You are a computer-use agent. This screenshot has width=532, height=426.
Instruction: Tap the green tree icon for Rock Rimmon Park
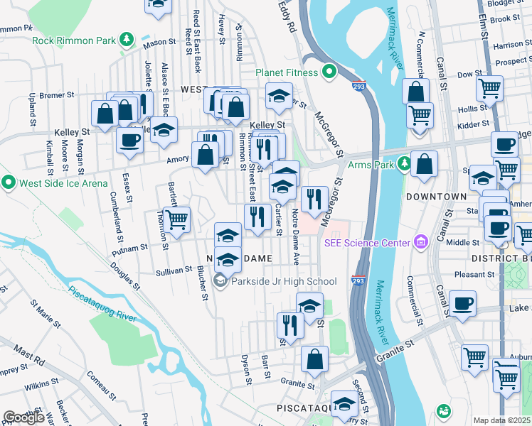pyautogui.click(x=127, y=40)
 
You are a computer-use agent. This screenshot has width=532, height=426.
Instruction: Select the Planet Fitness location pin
pyautogui.click(x=329, y=72)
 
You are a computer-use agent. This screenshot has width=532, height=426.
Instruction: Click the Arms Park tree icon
pyautogui.click(x=404, y=165)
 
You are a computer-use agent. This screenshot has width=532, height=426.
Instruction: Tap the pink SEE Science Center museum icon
pyautogui.click(x=421, y=243)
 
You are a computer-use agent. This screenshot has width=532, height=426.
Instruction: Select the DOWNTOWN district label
pyautogui.click(x=436, y=196)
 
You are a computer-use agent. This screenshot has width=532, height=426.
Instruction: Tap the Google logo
pyautogui.click(x=24, y=417)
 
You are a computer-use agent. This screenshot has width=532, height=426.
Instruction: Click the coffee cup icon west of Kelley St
pyautogui.click(x=129, y=141)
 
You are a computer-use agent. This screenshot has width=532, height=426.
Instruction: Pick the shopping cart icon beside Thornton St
pyautogui.click(x=176, y=219)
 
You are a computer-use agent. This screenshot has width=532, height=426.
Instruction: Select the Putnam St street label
pyautogui.click(x=133, y=248)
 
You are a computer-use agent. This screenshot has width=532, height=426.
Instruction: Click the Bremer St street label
pyautogui.click(x=58, y=94)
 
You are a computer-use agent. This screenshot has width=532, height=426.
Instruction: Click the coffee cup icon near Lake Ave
pyautogui.click(x=463, y=303)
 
